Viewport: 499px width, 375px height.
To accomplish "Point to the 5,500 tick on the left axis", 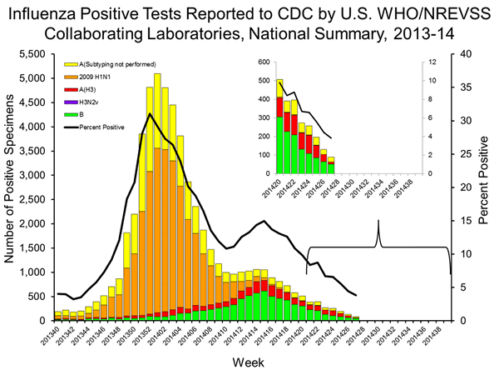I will [33, 52].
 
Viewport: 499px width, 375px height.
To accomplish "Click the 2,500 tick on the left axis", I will [33, 199].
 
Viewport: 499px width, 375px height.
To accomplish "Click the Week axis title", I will [249, 362].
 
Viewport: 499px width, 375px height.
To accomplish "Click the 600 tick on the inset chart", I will [263, 62].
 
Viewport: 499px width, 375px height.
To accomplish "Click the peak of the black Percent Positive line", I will [150, 114].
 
